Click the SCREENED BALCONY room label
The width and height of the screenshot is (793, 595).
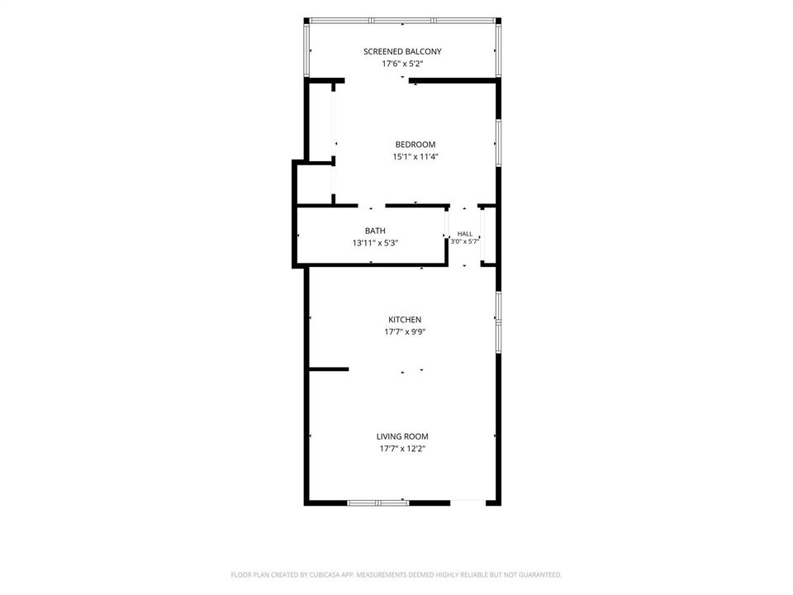402,51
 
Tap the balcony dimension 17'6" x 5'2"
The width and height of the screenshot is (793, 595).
402,64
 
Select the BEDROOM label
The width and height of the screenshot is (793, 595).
415,144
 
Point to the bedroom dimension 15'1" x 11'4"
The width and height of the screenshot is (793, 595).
415,156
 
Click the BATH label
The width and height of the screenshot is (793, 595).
375,231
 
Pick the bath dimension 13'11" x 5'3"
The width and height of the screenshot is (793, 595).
375,243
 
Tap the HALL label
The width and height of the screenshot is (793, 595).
465,234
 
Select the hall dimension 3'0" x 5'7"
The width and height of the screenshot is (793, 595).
465,241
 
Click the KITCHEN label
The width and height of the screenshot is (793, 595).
405,319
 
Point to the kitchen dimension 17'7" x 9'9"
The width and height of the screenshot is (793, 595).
405,332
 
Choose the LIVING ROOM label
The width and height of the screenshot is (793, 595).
402,436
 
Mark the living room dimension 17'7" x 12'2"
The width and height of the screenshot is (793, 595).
402,448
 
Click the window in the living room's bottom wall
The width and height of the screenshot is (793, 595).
378,503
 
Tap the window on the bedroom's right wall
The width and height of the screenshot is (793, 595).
498,143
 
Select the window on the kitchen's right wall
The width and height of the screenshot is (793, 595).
498,322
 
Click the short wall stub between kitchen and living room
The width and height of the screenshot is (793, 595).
329,369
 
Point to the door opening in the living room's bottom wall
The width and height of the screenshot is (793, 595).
468,503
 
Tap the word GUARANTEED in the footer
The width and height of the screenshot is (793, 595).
540,575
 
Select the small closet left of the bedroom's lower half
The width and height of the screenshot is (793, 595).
314,184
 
